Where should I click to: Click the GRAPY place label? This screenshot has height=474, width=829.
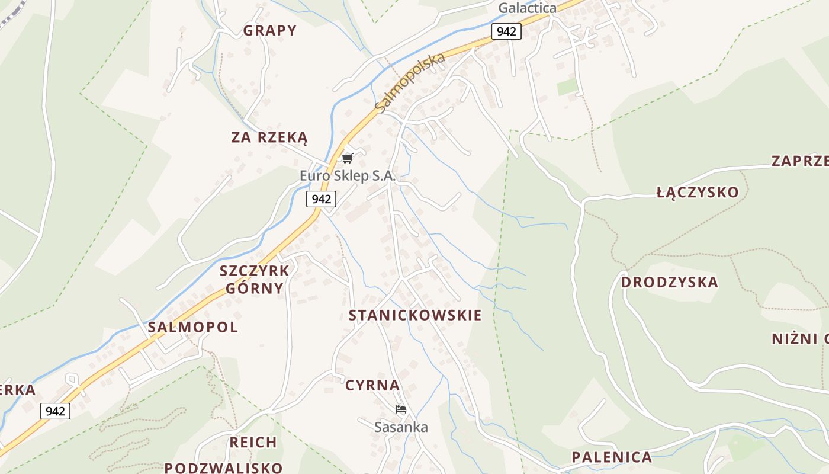(269, 31)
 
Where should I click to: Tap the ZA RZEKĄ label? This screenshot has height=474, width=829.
(269, 138)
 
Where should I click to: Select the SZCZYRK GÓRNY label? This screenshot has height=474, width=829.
(254, 280)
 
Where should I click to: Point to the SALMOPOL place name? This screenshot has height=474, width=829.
(192, 327)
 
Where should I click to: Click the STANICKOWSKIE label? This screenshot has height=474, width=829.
(415, 315)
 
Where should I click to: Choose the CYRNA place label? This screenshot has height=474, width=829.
(372, 385)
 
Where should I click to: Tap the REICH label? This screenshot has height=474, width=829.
(253, 443)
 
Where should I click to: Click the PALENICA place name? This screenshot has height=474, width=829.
(612, 457)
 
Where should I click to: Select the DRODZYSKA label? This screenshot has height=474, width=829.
(669, 283)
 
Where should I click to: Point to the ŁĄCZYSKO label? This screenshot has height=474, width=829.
(698, 193)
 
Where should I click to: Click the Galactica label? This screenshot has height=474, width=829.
(527, 8)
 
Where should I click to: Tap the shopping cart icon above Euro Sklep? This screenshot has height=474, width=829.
(348, 158)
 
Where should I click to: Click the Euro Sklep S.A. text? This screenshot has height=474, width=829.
(347, 176)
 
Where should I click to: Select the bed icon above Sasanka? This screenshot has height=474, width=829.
(401, 409)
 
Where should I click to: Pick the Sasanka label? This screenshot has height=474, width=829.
(401, 427)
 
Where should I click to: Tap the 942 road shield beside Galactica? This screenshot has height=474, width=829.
(506, 31)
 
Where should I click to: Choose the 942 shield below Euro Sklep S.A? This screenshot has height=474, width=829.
(321, 199)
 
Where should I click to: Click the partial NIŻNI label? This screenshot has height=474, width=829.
(799, 339)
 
